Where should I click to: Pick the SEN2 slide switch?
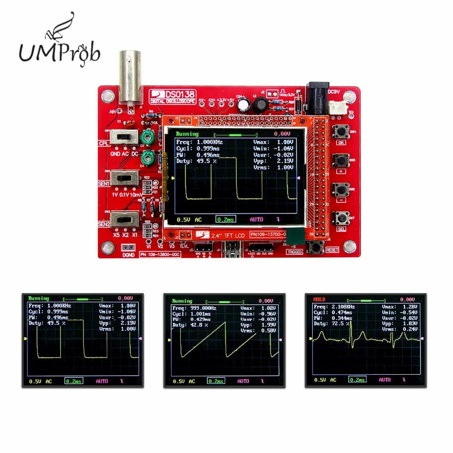(125, 220)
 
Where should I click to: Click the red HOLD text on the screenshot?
(319, 299)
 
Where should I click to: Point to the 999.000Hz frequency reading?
(199, 308)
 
